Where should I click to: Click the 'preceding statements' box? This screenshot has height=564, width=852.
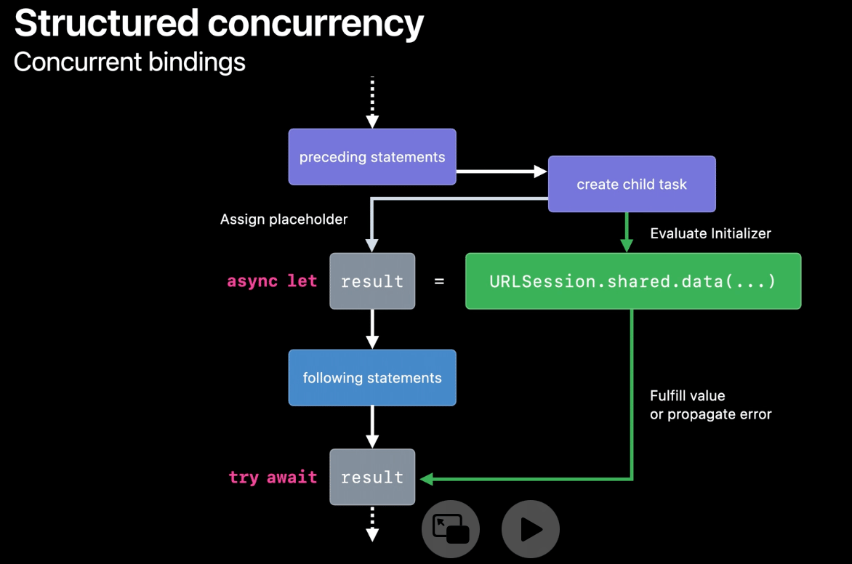point(372,157)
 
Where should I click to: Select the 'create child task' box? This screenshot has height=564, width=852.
point(632,184)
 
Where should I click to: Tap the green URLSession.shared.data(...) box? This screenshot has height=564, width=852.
point(632,281)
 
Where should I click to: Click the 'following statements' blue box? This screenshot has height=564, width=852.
point(372,378)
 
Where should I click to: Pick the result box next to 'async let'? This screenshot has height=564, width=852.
point(372,281)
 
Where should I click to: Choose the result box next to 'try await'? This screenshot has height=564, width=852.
point(372,477)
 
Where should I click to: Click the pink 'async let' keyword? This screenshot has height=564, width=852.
point(272,281)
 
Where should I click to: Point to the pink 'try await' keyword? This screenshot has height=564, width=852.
point(273,478)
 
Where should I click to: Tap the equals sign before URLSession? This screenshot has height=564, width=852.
point(439,281)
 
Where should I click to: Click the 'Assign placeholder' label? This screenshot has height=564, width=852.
point(284,219)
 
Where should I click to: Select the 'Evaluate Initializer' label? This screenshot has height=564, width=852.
point(710,233)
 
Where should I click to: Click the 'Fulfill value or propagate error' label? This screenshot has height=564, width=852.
point(710,406)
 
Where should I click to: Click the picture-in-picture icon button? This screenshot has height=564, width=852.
point(451,528)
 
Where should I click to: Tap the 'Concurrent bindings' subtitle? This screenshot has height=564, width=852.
point(129,62)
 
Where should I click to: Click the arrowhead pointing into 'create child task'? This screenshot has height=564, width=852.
point(540,172)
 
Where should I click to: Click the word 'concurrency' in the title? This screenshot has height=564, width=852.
point(316,24)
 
